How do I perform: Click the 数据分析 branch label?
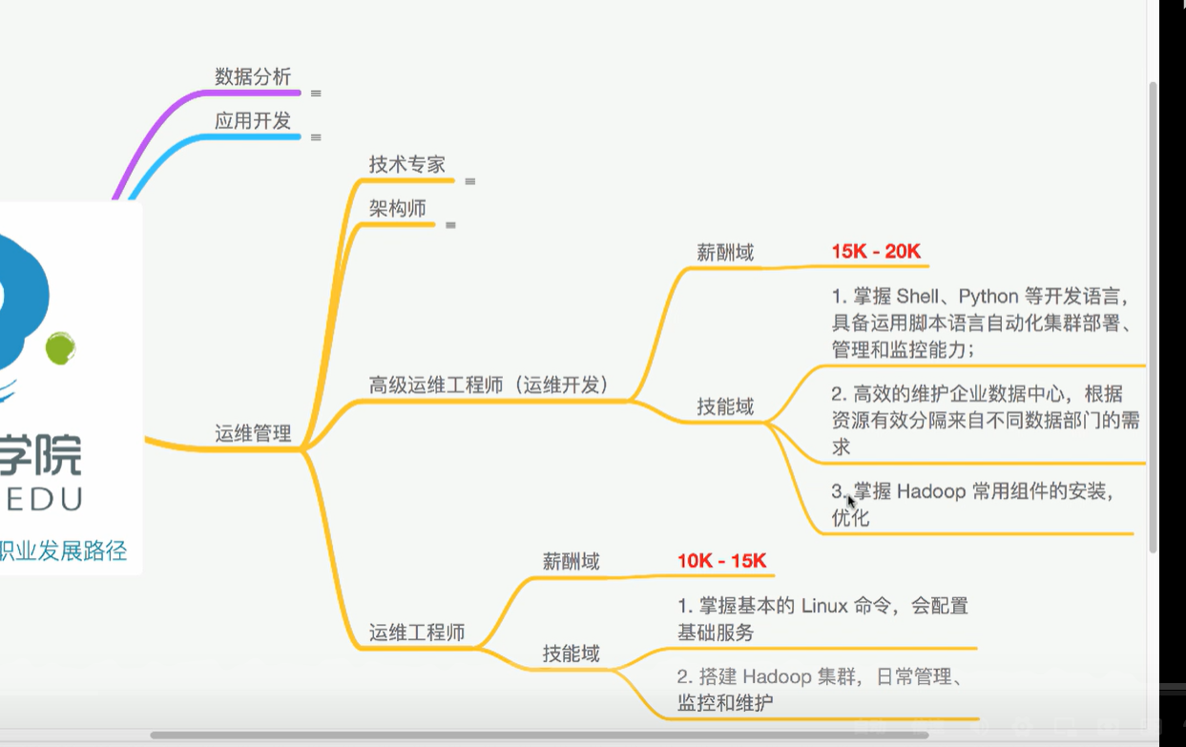point(253,77)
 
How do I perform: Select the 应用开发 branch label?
point(253,121)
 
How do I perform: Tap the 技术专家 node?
point(407,164)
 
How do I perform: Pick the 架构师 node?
point(398,208)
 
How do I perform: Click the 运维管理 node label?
point(253,433)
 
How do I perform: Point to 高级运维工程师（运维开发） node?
point(489,384)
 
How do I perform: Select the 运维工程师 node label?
point(417,632)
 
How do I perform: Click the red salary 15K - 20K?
point(876,252)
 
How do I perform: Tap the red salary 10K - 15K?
point(721,561)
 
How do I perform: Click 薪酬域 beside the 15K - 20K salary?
point(725,253)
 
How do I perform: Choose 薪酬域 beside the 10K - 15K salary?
point(572,562)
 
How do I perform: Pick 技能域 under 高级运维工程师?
point(725,407)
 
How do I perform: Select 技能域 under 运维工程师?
point(572,654)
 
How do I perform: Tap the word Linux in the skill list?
point(824,606)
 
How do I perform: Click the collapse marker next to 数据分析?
point(316,93)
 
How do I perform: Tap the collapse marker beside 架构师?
point(450,225)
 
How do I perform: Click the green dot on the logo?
point(60,348)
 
